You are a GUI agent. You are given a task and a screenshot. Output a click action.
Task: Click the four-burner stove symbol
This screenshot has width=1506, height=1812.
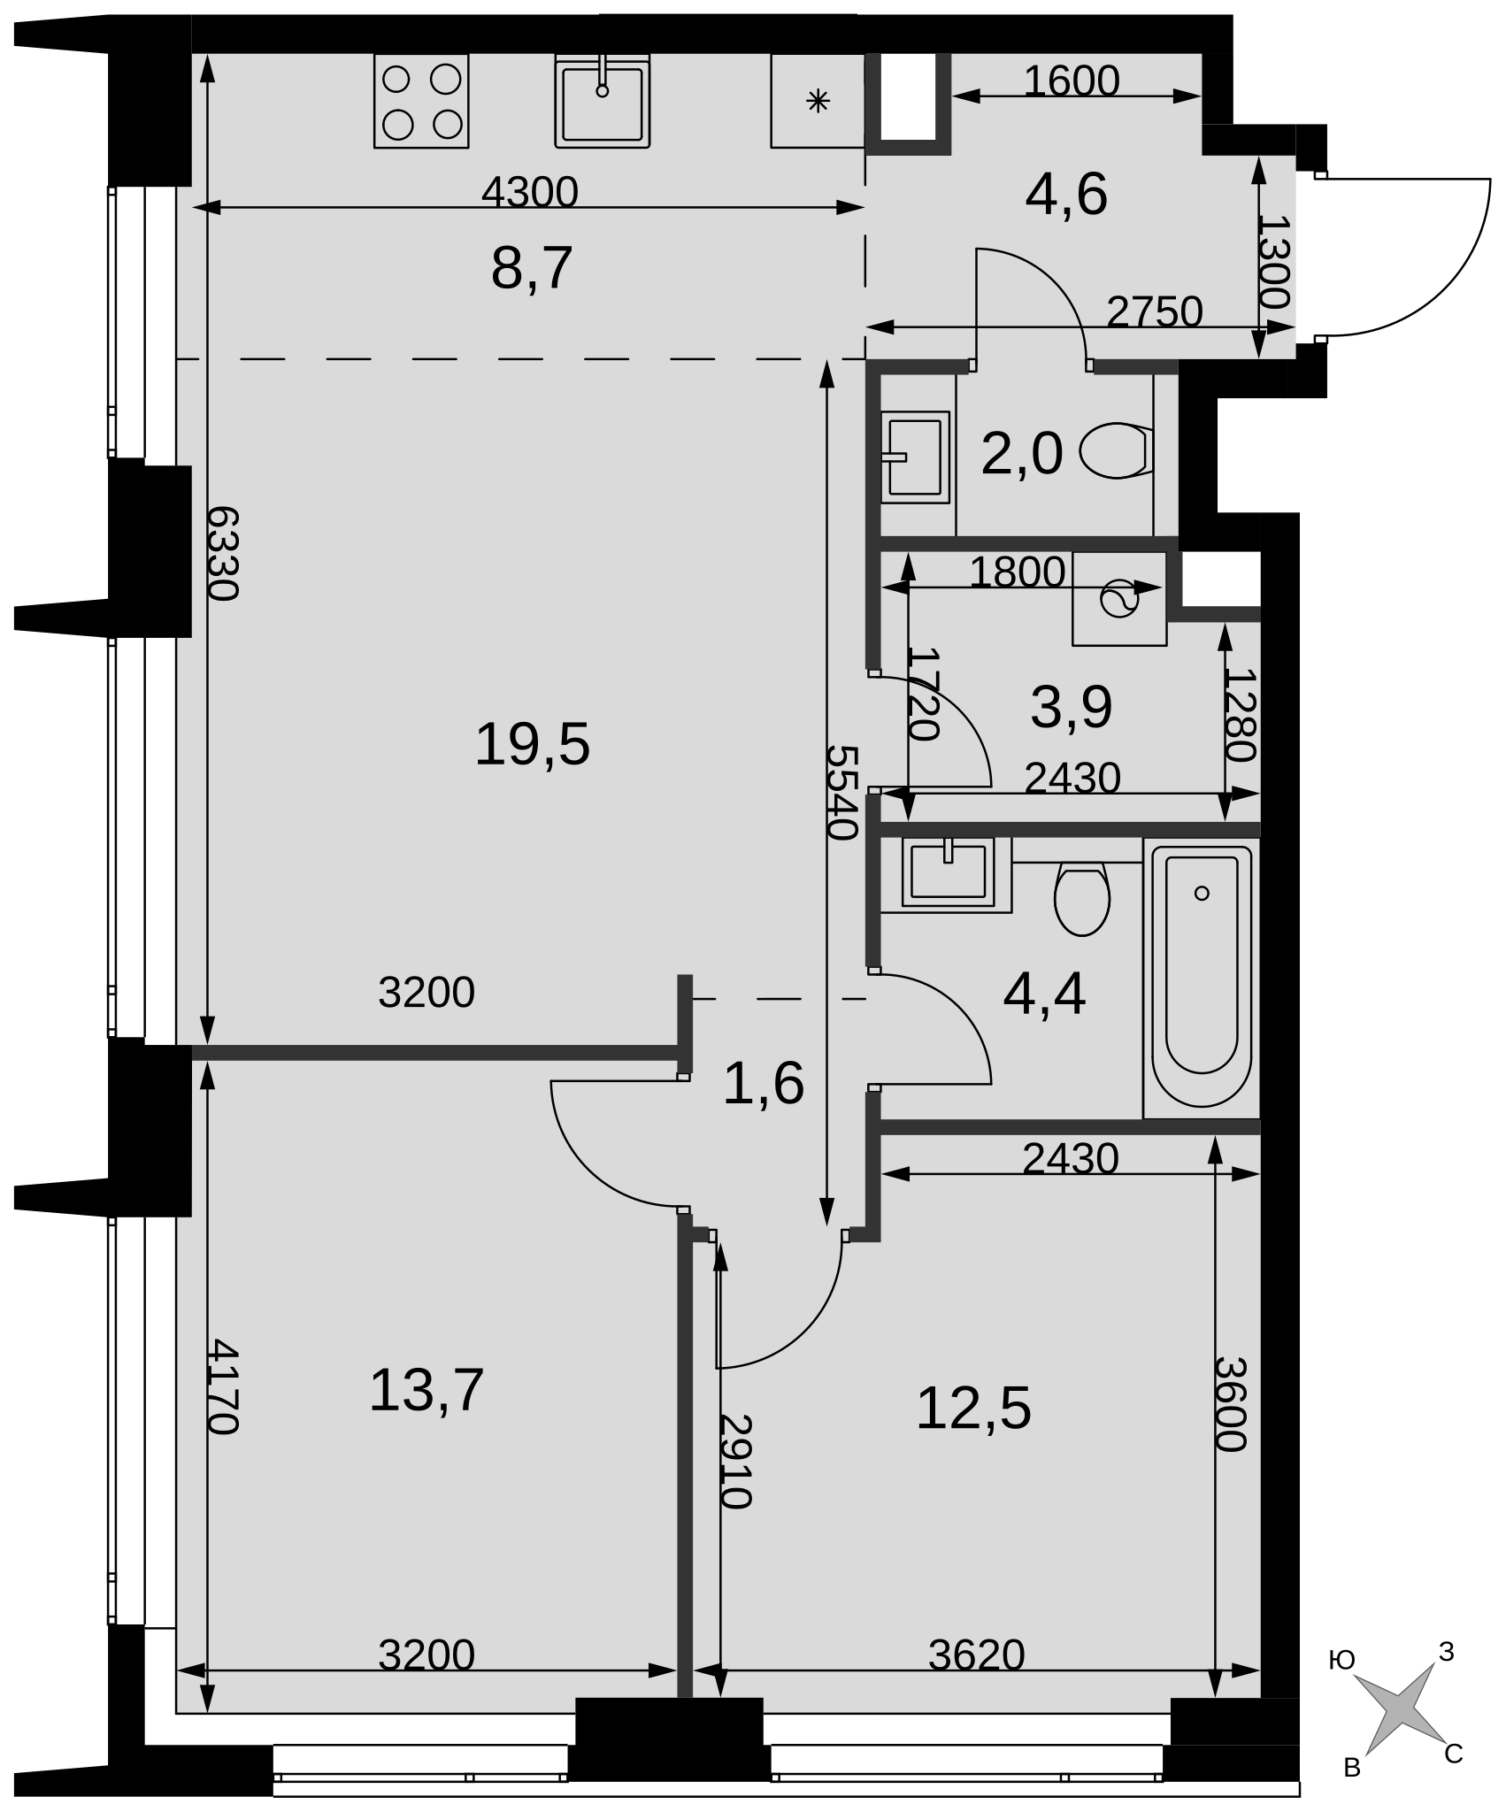pyautogui.click(x=421, y=101)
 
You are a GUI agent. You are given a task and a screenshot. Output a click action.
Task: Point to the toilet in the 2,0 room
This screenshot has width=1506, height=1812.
pyautogui.click(x=1117, y=450)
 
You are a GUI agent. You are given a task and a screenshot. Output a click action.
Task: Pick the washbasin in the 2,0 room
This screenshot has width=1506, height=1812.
pyautogui.click(x=915, y=457)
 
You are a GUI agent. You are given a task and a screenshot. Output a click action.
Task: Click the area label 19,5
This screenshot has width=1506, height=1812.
pyautogui.click(x=532, y=744)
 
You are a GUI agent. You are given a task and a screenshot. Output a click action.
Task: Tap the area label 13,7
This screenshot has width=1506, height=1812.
pyautogui.click(x=426, y=1390)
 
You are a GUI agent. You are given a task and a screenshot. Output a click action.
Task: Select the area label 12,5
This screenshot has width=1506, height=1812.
pyautogui.click(x=973, y=1408)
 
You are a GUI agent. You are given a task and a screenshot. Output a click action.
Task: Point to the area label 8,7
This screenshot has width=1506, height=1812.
pyautogui.click(x=532, y=268)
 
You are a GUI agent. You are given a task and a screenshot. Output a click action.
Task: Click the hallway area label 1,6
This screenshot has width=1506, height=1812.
pyautogui.click(x=764, y=1083)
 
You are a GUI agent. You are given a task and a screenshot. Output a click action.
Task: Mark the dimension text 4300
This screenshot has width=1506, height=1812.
pyautogui.click(x=529, y=191)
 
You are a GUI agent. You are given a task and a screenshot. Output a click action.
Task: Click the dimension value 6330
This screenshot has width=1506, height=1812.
pyautogui.click(x=223, y=554)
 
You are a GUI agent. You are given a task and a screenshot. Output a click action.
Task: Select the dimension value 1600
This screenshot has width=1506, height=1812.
pyautogui.click(x=1072, y=81)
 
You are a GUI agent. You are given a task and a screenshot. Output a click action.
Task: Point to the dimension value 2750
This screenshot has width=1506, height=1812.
pyautogui.click(x=1155, y=311)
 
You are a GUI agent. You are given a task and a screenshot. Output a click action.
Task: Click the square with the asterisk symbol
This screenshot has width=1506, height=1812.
pyautogui.click(x=818, y=101)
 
